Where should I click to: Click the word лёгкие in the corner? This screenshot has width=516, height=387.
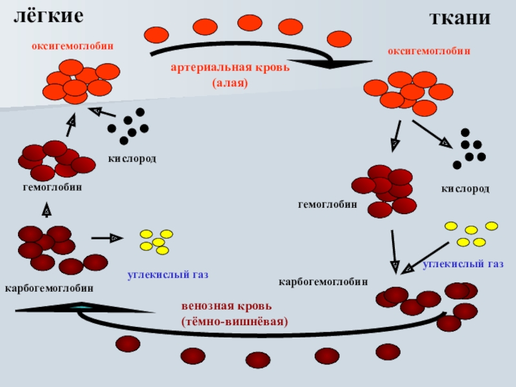tap(49, 16)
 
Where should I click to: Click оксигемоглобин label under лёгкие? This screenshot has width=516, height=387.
tap(73, 46)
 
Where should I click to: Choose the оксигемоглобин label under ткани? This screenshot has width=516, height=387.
tap(429, 50)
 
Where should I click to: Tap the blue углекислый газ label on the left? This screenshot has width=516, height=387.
tap(168, 275)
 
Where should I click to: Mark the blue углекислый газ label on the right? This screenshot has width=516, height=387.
tap(462, 264)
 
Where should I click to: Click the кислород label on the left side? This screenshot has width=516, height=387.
tap(132, 158)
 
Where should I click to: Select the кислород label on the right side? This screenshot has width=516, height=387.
tap(465, 189)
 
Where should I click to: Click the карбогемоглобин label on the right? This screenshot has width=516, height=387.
tap(323, 282)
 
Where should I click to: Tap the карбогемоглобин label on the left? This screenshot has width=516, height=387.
tap(49, 288)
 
